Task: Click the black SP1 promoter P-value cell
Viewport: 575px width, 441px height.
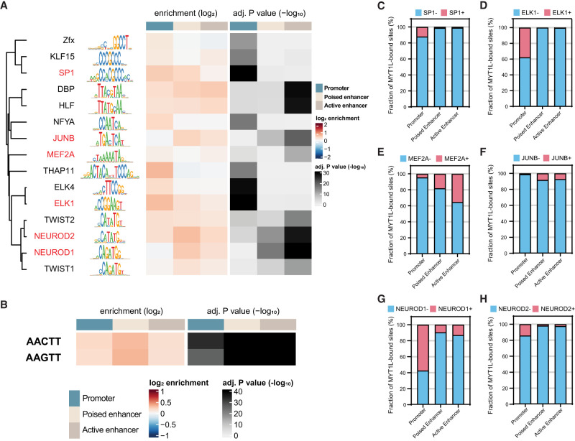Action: [243, 73]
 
